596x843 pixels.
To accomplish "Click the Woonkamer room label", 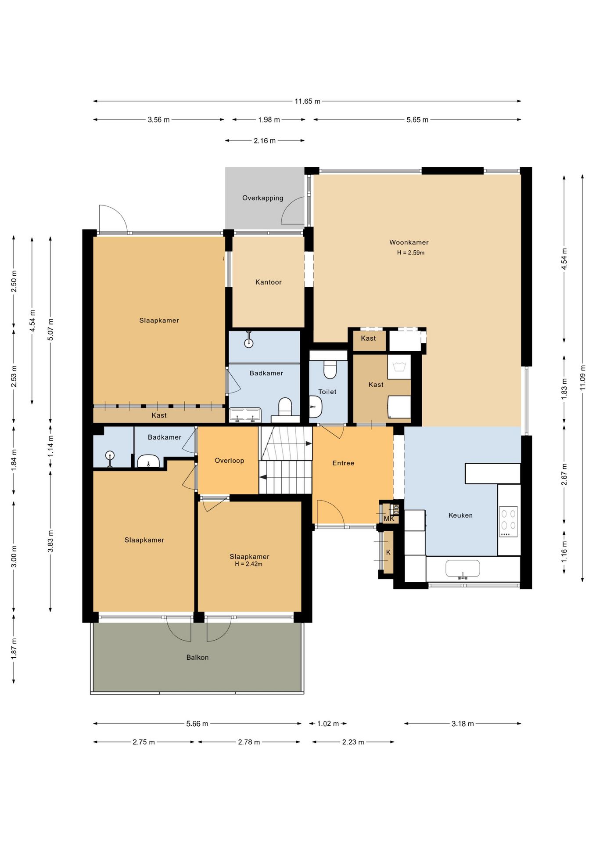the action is tap(409, 242).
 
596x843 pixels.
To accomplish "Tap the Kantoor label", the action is tap(268, 282).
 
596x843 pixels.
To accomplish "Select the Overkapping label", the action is tap(263, 198).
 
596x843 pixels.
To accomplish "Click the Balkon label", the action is tap(197, 657).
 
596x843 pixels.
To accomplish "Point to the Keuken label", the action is tap(460, 515).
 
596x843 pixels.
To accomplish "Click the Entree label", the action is tap(343, 463).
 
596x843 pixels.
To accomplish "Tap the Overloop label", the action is tap(229, 461).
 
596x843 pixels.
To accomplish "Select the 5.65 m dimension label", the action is tap(417, 119).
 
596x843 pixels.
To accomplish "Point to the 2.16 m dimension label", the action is tap(265, 140).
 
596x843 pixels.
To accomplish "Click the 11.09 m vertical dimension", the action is tap(582, 378).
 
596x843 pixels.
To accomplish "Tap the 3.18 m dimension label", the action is tap(463, 724).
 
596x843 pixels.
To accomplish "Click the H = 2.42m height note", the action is tap(248, 564).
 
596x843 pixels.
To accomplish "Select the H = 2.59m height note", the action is tap(411, 253).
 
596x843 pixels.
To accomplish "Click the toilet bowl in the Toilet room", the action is tap(330, 370).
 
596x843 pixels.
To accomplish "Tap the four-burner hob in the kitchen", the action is tap(508, 522).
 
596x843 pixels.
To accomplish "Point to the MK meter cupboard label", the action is tap(389, 519).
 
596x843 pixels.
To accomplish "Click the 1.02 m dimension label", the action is tap(328, 724).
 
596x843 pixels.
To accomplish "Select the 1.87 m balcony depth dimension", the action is tap(14, 648).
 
